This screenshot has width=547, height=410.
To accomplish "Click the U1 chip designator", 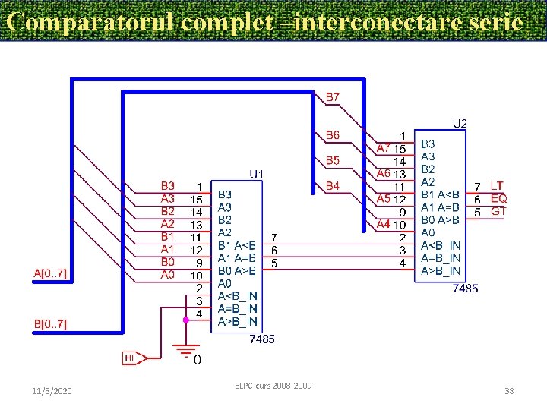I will tap(257, 174).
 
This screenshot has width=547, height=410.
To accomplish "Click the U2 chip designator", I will tap(460, 122).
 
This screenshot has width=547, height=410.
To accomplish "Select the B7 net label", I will tap(333, 97).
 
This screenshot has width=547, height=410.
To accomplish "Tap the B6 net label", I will tap(333, 135).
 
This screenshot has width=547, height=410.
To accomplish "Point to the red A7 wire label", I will tap(384, 147).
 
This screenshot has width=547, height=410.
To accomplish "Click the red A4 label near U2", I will tap(384, 224).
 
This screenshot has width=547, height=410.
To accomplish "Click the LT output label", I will tap(497, 185).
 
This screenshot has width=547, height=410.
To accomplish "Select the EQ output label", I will tap(498, 198).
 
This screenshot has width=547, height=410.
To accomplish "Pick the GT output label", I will tap(498, 211).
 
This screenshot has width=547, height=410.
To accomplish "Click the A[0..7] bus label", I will tap(50, 273).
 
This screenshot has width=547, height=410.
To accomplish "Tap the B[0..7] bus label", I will tap(50, 324).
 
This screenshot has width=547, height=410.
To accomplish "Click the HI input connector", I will tap(131, 357).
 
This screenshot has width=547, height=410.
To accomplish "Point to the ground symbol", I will tap(185, 351).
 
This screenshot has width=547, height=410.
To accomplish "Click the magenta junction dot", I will tap(185, 321).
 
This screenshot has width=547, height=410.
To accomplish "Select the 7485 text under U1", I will tap(262, 339).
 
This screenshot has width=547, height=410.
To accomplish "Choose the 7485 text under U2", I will tap(465, 289).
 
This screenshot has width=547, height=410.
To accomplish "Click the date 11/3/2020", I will tap(52, 390).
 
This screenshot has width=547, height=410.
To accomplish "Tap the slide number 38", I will tap(509, 390).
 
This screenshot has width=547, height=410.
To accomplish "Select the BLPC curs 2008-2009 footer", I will tap(273, 386).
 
